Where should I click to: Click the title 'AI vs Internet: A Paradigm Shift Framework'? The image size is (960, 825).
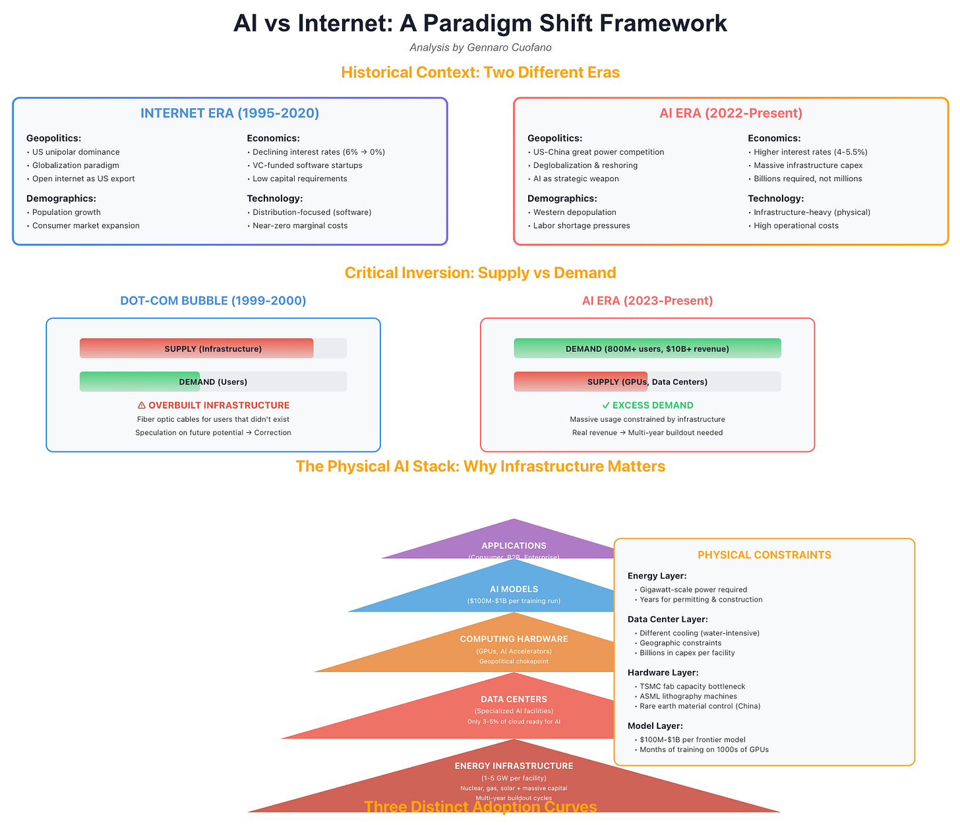[480, 23]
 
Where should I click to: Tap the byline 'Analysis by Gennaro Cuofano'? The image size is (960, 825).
[480, 47]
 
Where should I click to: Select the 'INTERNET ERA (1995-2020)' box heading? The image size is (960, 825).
[229, 113]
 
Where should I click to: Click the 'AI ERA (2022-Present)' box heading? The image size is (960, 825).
[731, 113]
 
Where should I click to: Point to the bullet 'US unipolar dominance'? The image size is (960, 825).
[76, 152]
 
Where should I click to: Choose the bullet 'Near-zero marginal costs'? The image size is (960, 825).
[300, 226]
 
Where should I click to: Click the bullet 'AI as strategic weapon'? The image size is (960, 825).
[576, 179]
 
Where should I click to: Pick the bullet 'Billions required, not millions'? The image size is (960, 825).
[808, 179]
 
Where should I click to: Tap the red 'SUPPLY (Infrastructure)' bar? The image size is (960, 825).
[196, 349]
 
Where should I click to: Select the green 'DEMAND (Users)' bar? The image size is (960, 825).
[140, 382]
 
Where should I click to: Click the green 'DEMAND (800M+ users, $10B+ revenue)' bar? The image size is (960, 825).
[647, 349]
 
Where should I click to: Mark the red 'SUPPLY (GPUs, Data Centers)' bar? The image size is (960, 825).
[580, 382]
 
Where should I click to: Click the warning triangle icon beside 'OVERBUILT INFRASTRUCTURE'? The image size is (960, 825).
[142, 405]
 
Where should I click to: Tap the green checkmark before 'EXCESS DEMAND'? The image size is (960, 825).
[605, 405]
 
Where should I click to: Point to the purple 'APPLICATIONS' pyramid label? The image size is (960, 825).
[514, 546]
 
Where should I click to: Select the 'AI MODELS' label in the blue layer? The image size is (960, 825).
[514, 589]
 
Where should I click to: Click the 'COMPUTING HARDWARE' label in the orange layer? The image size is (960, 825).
[514, 639]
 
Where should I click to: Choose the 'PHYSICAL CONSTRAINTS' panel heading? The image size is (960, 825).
[764, 555]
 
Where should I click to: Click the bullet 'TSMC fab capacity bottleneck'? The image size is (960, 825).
[692, 687]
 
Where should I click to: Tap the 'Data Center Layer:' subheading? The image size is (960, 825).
[667, 619]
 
